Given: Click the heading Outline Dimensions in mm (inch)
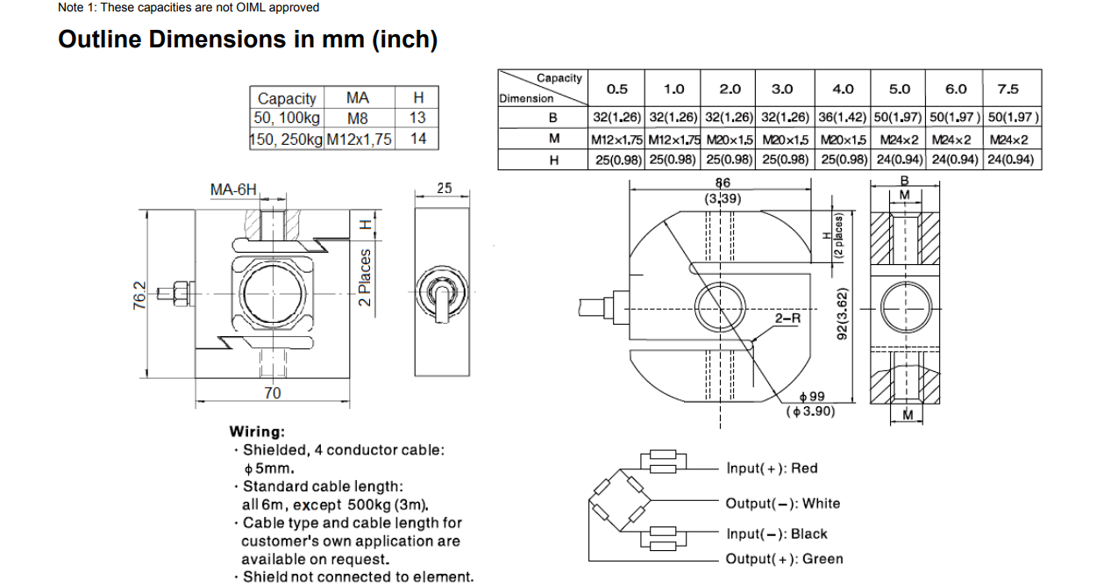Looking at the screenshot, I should [247, 39].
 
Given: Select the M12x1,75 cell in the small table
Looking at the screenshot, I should [360, 139].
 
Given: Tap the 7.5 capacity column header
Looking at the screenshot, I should [1008, 89].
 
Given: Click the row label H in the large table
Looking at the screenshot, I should [553, 160].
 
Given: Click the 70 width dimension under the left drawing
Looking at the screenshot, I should [273, 393].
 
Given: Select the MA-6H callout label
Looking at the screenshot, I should [233, 190].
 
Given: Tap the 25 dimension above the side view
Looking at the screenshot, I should [444, 188].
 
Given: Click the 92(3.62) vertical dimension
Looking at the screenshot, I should [842, 313].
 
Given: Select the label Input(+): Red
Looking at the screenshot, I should [772, 469].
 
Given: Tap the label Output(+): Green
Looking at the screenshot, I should [784, 559].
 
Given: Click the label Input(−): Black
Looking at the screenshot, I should [776, 533].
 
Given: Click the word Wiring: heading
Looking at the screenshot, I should [257, 432].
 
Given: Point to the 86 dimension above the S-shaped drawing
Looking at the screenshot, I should [723, 183].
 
